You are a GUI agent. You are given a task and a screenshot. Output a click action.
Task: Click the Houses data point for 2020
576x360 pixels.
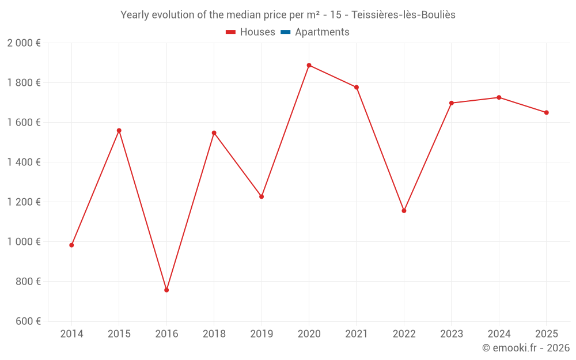(x=309, y=65)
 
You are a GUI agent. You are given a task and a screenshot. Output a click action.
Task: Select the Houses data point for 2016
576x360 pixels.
(x=166, y=290)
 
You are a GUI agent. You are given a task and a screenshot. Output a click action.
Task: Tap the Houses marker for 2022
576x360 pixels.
(x=404, y=211)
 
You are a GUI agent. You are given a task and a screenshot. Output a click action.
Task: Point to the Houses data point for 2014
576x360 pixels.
(x=71, y=245)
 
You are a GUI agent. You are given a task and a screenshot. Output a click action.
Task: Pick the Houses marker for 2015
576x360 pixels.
(x=119, y=130)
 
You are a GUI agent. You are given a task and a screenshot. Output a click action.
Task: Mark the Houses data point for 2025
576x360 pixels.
(x=547, y=112)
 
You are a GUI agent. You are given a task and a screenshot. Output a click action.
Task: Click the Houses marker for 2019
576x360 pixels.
(x=262, y=196)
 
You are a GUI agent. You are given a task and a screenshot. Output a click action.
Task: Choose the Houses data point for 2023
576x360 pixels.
(x=452, y=103)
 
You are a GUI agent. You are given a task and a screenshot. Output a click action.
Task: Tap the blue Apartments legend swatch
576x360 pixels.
(x=286, y=32)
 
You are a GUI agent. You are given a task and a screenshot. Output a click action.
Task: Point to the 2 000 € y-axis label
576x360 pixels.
(x=24, y=43)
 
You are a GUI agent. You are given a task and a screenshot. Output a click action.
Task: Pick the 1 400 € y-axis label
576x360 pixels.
(x=24, y=162)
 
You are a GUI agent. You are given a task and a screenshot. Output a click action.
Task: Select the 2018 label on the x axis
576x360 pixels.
(x=214, y=334)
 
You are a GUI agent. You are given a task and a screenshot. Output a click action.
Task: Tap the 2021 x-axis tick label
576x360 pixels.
(x=357, y=334)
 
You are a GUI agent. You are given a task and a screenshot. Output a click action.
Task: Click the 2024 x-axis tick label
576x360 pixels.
(x=499, y=334)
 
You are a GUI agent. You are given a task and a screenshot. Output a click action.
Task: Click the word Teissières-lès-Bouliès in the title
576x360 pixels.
(x=404, y=15)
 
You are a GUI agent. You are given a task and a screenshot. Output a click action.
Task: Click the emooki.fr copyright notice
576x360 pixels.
(x=525, y=348)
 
